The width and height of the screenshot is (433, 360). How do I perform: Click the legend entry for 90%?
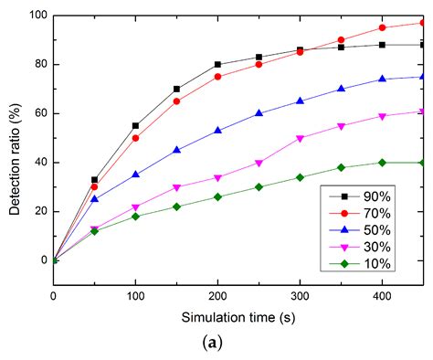pyautogui.click(x=365, y=196)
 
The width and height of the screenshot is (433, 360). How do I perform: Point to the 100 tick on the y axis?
pyautogui.click(x=36, y=16)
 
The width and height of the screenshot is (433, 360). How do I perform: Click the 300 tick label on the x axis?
pyautogui.click(x=300, y=296)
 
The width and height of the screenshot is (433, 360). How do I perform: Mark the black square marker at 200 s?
pyautogui.click(x=217, y=64)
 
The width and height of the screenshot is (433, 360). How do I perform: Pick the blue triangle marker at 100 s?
pyautogui.click(x=135, y=175)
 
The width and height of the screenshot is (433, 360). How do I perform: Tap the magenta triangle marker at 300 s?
pyautogui.click(x=300, y=138)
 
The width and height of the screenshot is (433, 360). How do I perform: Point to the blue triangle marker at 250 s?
pyautogui.click(x=259, y=113)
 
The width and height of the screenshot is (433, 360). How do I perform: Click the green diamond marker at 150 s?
pyautogui.click(x=176, y=206)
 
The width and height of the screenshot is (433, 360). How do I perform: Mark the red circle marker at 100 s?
pyautogui.click(x=135, y=138)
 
